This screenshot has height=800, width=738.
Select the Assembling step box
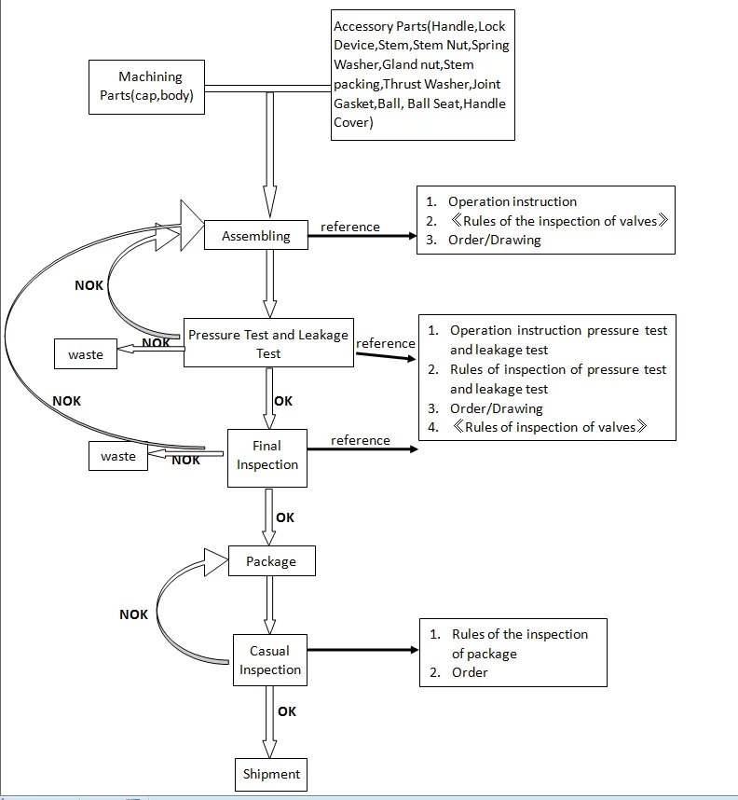pyautogui.click(x=255, y=237)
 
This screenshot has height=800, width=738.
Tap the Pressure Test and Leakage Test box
pyautogui.click(x=268, y=344)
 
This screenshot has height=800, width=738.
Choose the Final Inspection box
pyautogui.click(x=267, y=456)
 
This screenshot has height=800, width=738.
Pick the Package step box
pyautogui.click(x=271, y=561)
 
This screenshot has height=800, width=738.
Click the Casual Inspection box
pyautogui.click(x=269, y=660)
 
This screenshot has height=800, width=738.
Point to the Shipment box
pyautogui.click(x=271, y=774)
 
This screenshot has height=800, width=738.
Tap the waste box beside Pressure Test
pyautogui.click(x=86, y=354)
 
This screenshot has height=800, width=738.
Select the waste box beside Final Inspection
pyautogui.click(x=118, y=457)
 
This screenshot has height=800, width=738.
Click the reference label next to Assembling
pyautogui.click(x=350, y=227)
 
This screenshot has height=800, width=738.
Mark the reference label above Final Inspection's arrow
pyautogui.click(x=361, y=440)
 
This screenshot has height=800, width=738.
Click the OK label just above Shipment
pyautogui.click(x=287, y=711)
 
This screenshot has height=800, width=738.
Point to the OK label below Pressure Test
pyautogui.click(x=283, y=401)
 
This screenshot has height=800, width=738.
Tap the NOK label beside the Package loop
pyautogui.click(x=133, y=614)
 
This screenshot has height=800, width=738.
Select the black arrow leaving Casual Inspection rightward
pyautogui.click(x=362, y=650)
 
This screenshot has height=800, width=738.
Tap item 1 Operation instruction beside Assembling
pyautogui.click(x=512, y=201)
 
